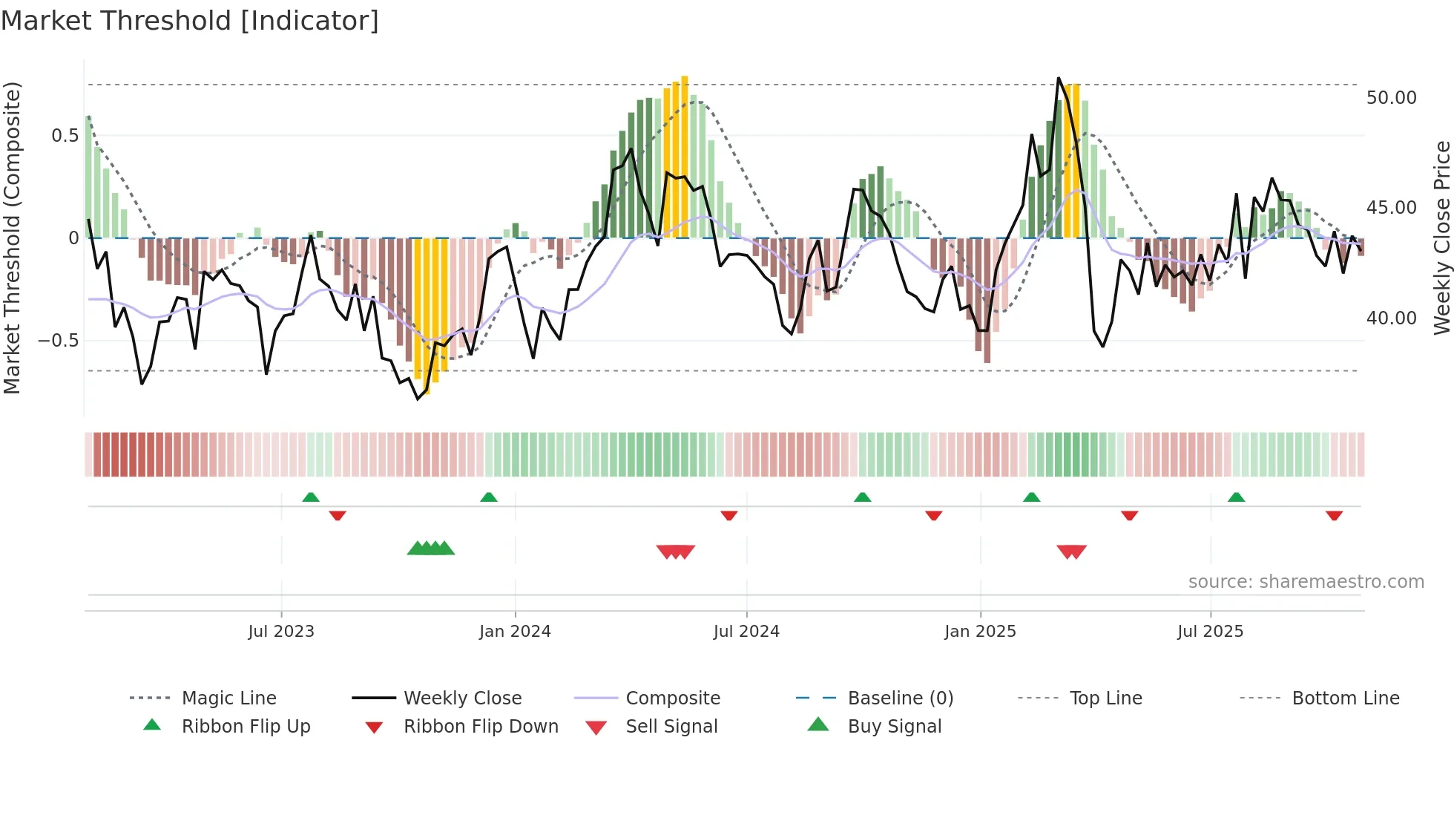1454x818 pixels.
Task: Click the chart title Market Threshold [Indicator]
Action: [x=190, y=21]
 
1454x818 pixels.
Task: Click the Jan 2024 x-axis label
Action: [x=515, y=632]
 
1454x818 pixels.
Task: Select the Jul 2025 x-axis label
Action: [x=1210, y=632]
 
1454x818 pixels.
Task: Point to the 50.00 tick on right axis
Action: [x=1391, y=98]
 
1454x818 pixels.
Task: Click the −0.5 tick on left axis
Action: [x=58, y=341]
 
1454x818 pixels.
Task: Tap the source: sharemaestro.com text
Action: [x=1306, y=582]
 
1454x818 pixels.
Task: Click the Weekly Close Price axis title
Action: [x=1441, y=238]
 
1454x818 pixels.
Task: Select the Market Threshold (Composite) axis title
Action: [x=12, y=238]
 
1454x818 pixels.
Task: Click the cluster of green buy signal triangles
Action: [x=431, y=549]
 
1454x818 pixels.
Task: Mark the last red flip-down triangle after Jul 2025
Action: [x=1334, y=515]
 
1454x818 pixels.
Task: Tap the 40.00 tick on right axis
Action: [x=1391, y=318]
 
